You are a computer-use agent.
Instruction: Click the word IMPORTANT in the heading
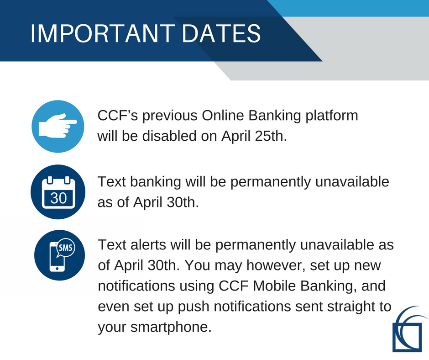pos(103,33)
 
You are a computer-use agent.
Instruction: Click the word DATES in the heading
pos(221,33)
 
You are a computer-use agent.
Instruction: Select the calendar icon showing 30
pos(58,192)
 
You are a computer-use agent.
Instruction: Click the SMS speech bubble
pos(65,248)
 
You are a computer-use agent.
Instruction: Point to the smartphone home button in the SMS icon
pos(57,269)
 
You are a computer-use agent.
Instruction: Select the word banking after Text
pos(156,182)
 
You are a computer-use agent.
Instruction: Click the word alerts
pos(148,244)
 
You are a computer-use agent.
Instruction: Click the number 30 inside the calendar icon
pos(58,198)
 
